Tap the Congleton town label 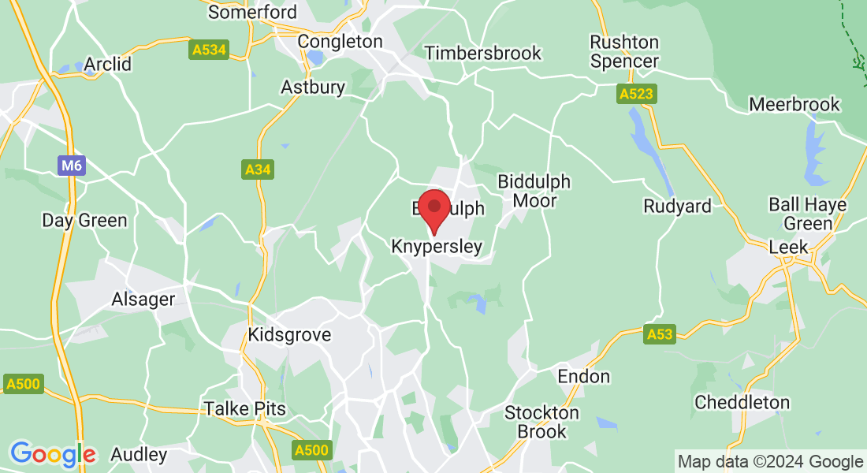(340, 41)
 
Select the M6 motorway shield (70, 166)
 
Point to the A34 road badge (258, 169)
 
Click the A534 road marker (209, 50)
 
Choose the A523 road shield (636, 95)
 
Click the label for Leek (788, 247)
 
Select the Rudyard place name (677, 207)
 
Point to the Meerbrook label (794, 104)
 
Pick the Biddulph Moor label (534, 191)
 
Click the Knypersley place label (437, 247)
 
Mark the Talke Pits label (245, 408)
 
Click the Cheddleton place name (742, 402)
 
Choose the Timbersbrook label (482, 53)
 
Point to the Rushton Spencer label (625, 51)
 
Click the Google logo (53, 454)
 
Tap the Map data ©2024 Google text (770, 462)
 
